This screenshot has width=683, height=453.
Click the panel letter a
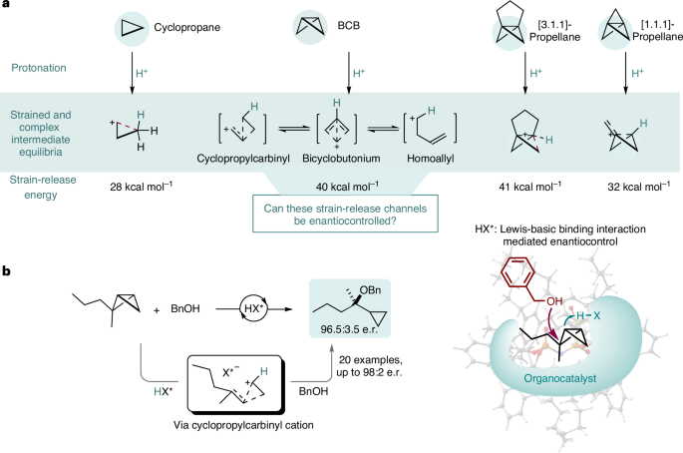pos(7,8)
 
